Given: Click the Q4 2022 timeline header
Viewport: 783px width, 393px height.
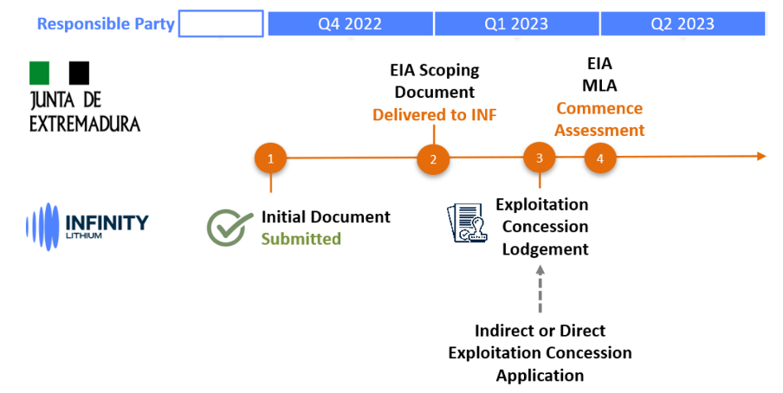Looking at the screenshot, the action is click(x=350, y=23).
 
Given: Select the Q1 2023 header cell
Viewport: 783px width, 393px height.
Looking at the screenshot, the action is click(x=517, y=23).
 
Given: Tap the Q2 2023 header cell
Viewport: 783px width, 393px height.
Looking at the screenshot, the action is click(x=683, y=23).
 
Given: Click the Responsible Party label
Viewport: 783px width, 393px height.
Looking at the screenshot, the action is click(x=106, y=23).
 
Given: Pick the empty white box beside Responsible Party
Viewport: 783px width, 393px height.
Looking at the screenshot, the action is click(x=221, y=23).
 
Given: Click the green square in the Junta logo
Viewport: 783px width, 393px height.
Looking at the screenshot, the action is click(x=40, y=73).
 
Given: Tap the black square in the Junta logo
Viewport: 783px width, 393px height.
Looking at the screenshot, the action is click(x=79, y=73).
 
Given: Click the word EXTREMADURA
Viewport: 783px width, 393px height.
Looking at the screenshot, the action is click(x=84, y=124).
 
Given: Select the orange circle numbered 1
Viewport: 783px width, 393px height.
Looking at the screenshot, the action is click(x=270, y=158).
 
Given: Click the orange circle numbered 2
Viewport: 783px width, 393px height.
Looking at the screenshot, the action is click(x=433, y=159).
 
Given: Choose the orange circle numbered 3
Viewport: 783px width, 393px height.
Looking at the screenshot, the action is click(x=540, y=158).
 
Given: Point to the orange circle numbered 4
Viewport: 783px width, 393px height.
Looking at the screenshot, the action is click(x=600, y=158).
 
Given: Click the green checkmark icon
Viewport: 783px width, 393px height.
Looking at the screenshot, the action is click(x=230, y=227).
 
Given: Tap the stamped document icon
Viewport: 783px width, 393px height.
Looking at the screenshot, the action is click(x=466, y=222).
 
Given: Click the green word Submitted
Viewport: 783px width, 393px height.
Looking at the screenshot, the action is click(x=301, y=239).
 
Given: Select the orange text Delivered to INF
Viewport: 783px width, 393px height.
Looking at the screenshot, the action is click(x=435, y=115).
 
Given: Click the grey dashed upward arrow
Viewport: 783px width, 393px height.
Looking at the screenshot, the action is click(x=540, y=288).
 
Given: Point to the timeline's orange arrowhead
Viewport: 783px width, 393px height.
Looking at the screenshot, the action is click(x=761, y=157).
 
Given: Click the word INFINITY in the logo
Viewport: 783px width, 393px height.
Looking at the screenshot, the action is click(x=107, y=222).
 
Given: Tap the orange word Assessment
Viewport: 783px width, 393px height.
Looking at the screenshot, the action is click(x=599, y=131).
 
